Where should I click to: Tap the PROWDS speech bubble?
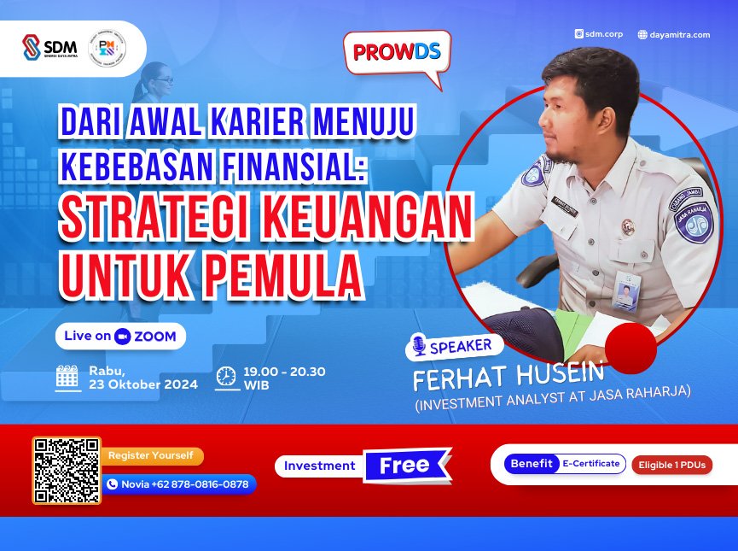(x=397, y=54)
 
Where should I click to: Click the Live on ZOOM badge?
(x=120, y=336)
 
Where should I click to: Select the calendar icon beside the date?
(x=67, y=378)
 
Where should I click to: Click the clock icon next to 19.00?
(x=226, y=377)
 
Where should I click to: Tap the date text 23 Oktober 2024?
(x=142, y=384)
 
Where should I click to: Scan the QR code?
(x=67, y=471)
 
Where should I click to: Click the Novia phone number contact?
(x=178, y=484)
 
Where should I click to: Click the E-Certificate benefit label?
(x=590, y=464)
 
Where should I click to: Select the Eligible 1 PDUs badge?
(x=671, y=465)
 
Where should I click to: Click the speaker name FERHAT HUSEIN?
(x=508, y=374)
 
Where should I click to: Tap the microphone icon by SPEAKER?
(x=418, y=346)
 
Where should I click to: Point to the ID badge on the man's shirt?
(x=626, y=291)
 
